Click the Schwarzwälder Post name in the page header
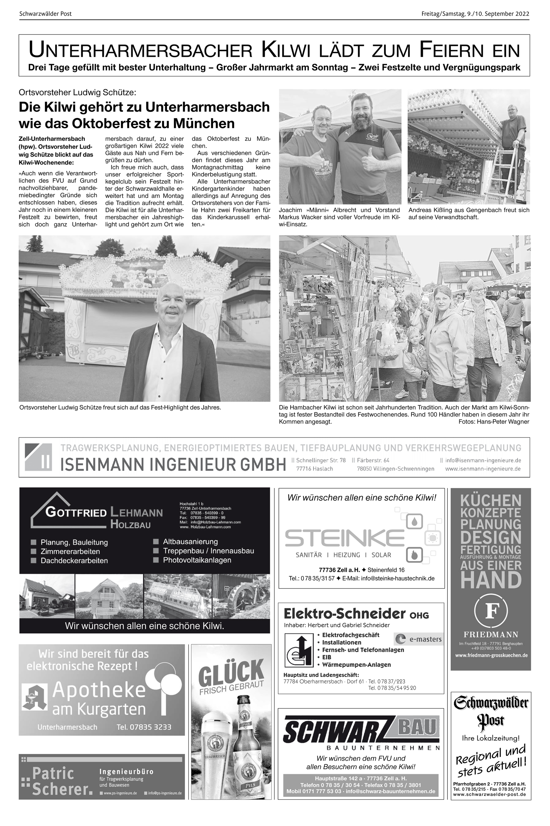(x=45, y=14)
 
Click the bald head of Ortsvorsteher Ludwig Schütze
(x=170, y=295)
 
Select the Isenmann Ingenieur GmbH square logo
(x=38, y=457)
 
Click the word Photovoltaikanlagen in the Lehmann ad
(x=197, y=560)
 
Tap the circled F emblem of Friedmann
(x=490, y=612)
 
